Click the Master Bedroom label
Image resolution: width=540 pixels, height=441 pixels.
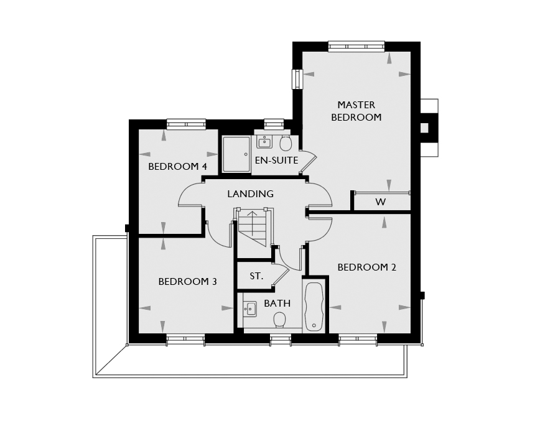[x=356, y=111]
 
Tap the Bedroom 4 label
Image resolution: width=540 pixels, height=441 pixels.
[x=177, y=167]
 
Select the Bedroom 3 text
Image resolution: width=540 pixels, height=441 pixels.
[x=187, y=282]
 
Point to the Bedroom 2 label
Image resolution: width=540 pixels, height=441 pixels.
[x=367, y=267]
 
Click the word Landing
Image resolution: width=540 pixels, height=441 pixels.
[x=250, y=194]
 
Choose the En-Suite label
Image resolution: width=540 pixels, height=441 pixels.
[x=276, y=160]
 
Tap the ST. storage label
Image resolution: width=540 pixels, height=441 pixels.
[x=256, y=276]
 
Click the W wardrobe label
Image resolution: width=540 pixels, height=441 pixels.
[x=380, y=202]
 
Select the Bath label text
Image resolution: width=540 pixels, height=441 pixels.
[x=277, y=304]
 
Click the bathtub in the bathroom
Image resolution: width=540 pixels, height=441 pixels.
[x=314, y=307]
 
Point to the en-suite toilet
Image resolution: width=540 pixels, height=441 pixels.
[x=286, y=143]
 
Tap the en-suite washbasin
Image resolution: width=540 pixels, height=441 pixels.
[x=264, y=142]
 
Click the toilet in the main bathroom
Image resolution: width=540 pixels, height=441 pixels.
[x=279, y=320]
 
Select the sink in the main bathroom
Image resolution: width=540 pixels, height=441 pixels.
[x=249, y=309]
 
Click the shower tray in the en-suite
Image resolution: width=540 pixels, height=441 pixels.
[x=236, y=154]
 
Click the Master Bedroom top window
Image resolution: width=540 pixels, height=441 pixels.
[x=356, y=47]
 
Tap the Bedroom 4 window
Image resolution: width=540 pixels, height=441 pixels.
[x=186, y=124]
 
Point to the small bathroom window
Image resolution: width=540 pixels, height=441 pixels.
[x=281, y=341]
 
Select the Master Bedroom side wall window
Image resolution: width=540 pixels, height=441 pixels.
[x=297, y=79]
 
